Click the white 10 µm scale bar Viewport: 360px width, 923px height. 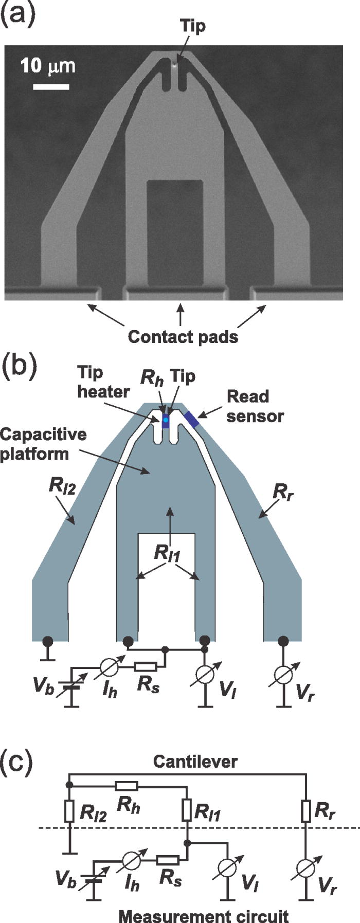coord(51,86)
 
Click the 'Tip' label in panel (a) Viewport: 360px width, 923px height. coord(193,26)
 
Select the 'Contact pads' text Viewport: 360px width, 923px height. coord(183,337)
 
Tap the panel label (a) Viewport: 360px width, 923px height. coord(19,15)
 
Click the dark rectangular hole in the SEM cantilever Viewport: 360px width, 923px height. coord(175,231)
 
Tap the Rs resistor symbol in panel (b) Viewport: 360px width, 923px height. coord(146,667)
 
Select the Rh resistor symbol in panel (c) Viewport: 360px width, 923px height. coord(126,786)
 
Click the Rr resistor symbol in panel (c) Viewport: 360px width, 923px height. coord(306,812)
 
